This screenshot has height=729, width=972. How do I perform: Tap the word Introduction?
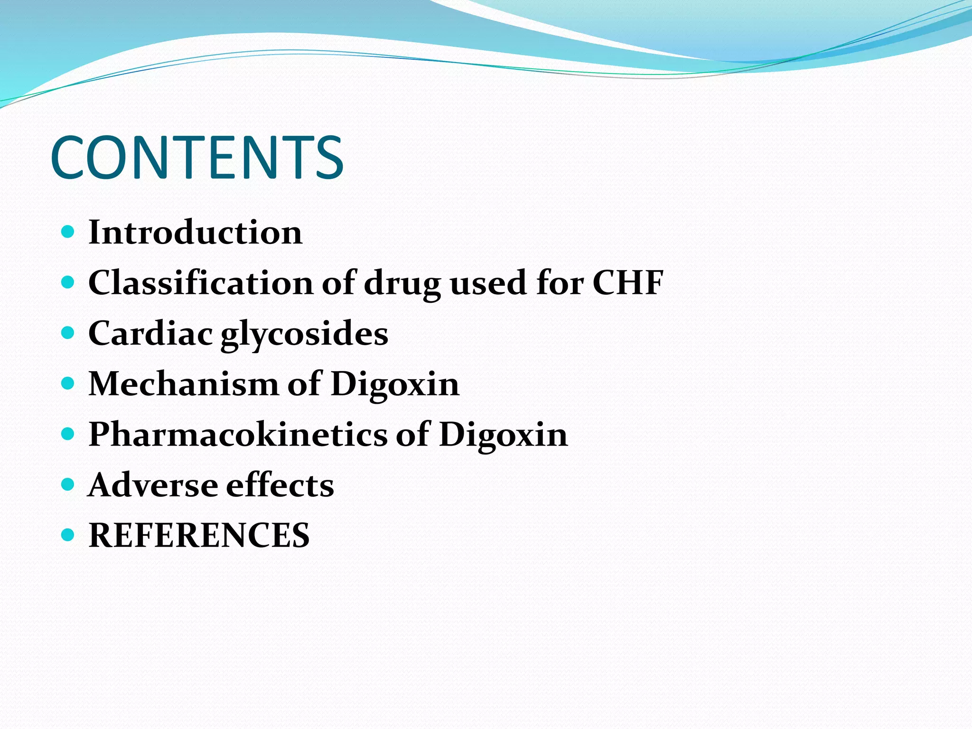tap(195, 233)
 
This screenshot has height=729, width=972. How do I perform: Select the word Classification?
tap(200, 283)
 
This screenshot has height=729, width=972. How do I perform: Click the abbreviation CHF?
tap(627, 283)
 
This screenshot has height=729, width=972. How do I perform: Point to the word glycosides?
tap(304, 334)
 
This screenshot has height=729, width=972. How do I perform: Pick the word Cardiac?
tap(150, 333)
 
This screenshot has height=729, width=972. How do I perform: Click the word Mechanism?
tap(183, 383)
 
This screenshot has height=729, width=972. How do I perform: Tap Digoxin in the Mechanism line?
tap(395, 384)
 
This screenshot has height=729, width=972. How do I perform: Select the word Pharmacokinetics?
tap(237, 434)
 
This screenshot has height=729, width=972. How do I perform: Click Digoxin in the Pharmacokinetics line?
tap(503, 435)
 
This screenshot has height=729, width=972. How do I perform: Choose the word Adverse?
tap(153, 485)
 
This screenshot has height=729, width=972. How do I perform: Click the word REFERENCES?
tap(199, 535)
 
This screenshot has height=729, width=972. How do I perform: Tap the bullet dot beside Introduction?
tap(68, 232)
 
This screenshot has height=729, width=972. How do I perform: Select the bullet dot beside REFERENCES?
tap(68, 535)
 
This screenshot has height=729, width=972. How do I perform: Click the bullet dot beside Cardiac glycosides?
tap(68, 333)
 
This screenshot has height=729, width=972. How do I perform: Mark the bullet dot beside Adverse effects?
tap(68, 485)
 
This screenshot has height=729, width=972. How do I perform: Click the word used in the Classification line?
tap(488, 283)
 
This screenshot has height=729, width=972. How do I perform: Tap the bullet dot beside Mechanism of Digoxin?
tap(68, 383)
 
